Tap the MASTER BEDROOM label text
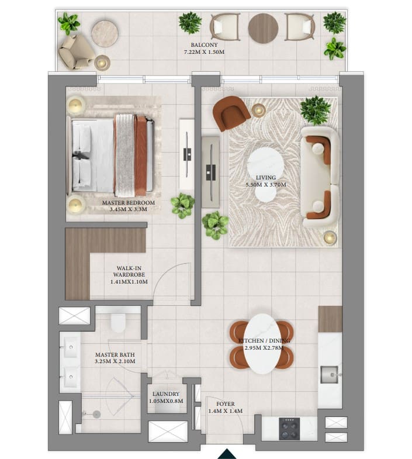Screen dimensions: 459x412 (x=129, y=203)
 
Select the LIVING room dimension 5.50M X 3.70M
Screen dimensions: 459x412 (x=265, y=185)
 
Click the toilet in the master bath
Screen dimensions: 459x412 (x=118, y=322)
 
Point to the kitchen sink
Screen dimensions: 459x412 (x=329, y=373)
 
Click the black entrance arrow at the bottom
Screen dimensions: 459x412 (x=227, y=454)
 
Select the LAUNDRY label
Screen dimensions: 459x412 (x=166, y=394)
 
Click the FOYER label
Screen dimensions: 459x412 (x=225, y=404)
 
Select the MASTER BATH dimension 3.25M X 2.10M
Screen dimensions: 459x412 (x=115, y=361)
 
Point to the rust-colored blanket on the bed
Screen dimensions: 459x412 (x=141, y=155)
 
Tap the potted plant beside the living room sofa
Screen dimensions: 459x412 (x=316, y=109)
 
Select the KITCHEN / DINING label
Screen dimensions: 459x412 (x=264, y=340)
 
